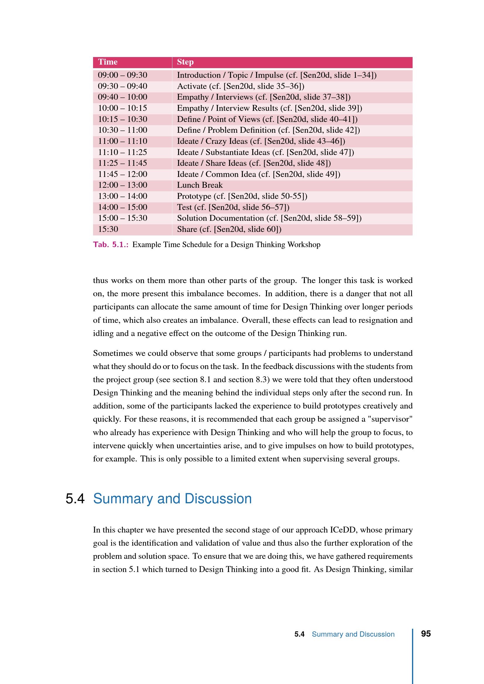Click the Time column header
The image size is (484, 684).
[108, 62]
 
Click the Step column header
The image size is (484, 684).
[185, 62]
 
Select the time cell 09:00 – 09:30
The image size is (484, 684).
[123, 75]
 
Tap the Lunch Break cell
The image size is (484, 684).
[200, 185]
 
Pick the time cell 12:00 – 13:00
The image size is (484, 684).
[123, 185]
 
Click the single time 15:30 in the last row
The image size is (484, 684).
[108, 229]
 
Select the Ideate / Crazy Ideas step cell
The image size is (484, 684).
[261, 141]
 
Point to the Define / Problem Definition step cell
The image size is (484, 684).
[268, 130]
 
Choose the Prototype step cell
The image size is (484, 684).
[242, 196]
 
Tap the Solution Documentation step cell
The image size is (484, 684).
[269, 218]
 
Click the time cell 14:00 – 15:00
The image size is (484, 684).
[123, 207]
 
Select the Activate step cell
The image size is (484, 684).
[241, 86]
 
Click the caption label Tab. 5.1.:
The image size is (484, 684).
[111, 244]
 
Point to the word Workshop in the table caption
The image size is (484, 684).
[304, 244]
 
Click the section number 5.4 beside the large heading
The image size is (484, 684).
[75, 499]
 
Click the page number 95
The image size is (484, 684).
[425, 634]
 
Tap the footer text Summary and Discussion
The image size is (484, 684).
[353, 634]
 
